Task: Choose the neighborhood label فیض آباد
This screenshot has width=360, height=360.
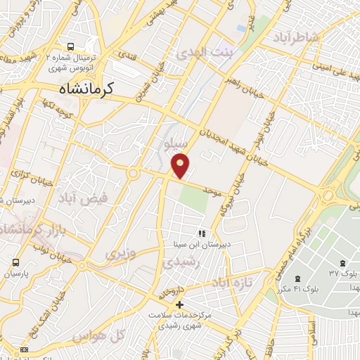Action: [x=83, y=197]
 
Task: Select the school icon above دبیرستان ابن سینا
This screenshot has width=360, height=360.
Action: [x=201, y=233]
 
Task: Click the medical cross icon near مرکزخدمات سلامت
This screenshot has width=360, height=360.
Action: [x=181, y=304]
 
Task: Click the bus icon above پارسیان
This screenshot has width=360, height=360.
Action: [x=15, y=263]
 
